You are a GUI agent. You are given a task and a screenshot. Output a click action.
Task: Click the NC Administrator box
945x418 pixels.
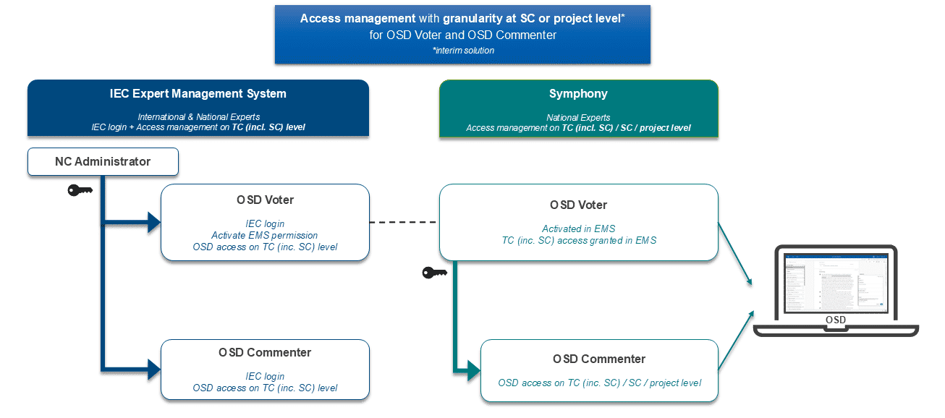coord(103,162)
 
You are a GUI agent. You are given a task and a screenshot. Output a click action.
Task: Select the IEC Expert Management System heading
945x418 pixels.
coord(198,94)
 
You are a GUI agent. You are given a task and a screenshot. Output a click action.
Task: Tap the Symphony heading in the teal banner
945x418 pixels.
coord(578,94)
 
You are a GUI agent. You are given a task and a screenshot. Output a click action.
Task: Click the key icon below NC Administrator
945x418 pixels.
coord(80,190)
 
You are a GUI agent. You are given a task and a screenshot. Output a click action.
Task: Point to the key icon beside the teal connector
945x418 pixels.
coord(434,273)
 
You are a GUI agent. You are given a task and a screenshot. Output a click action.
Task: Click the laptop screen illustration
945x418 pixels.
coord(835,284)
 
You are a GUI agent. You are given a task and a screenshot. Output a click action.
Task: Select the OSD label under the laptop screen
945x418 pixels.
coord(835,320)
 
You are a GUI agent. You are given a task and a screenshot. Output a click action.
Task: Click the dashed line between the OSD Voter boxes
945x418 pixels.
coord(404,223)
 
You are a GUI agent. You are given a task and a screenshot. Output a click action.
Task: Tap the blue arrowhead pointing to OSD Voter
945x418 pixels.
coord(153,223)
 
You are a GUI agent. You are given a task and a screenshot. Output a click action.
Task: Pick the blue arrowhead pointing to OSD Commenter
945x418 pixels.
coord(153,369)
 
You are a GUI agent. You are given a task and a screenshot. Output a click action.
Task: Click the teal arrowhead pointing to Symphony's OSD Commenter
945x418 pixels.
coord(472,371)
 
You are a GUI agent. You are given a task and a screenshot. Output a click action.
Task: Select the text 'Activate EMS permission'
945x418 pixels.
coord(265,235)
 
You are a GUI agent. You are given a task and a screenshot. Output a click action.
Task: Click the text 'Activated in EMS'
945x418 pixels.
coord(578,229)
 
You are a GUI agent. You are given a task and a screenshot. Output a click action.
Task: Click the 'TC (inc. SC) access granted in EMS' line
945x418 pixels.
coord(579,240)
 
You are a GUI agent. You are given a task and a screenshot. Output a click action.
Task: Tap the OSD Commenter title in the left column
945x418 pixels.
coord(265,353)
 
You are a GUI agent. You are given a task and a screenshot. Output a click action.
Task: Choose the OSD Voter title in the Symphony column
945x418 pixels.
coord(578,205)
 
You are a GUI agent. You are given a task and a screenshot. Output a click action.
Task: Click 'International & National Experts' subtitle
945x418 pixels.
coord(198,117)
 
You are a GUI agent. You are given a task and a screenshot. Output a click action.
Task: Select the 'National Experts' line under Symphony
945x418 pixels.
coord(578,117)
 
